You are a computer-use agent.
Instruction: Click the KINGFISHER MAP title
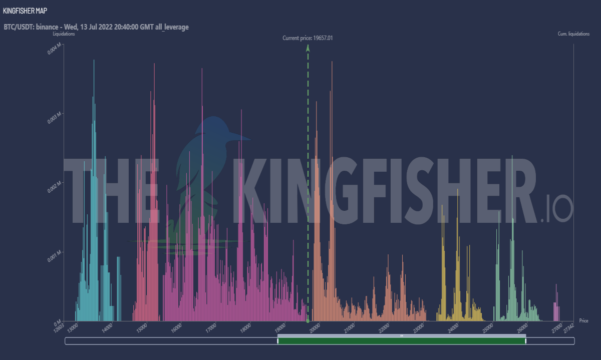click(25, 11)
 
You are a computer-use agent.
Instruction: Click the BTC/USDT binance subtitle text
click(96, 27)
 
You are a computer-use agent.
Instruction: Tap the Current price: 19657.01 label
click(308, 38)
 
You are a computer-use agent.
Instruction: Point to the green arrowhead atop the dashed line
click(308, 48)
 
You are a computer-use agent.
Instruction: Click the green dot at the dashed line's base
click(308, 321)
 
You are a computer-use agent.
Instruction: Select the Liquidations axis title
click(64, 34)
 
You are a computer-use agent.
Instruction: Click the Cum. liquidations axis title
click(573, 34)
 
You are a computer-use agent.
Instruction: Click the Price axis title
click(583, 320)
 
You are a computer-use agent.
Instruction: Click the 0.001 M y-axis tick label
click(54, 257)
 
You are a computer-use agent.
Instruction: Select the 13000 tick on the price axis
click(73, 328)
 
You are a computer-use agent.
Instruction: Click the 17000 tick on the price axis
click(211, 328)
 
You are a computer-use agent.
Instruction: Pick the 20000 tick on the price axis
click(315, 328)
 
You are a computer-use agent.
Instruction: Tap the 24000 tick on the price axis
click(453, 328)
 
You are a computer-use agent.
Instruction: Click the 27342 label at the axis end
click(569, 328)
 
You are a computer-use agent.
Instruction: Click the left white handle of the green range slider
click(277, 341)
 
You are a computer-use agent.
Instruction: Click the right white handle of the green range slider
click(525, 341)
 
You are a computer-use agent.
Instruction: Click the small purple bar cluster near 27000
click(556, 306)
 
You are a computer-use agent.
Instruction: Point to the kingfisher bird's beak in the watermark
click(240, 137)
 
